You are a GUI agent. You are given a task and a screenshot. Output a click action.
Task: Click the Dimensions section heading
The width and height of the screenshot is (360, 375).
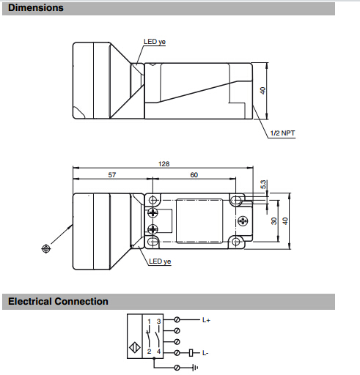point(36,8)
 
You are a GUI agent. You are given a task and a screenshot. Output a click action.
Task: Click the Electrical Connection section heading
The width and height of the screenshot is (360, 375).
point(58,301)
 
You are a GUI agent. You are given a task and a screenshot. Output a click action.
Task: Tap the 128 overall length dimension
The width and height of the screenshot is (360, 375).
point(164,164)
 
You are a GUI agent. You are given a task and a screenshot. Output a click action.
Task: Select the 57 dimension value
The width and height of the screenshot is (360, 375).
point(112,175)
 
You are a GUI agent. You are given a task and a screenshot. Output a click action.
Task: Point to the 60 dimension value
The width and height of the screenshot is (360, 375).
point(194,175)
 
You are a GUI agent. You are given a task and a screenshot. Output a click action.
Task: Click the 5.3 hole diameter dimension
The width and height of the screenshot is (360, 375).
point(263,185)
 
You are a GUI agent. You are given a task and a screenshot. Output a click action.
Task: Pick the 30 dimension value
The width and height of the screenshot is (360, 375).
point(274,221)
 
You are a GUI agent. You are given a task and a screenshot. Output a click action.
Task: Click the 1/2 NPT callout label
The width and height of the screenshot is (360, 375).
point(282,133)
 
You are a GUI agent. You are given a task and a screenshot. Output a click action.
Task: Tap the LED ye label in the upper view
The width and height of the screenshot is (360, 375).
point(155,42)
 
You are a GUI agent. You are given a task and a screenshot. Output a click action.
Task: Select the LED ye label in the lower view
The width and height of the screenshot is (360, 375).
point(160,261)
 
